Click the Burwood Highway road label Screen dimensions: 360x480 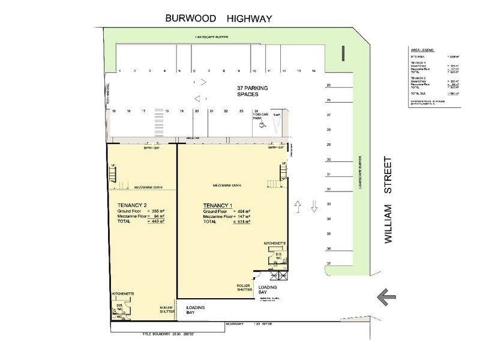point(219,19)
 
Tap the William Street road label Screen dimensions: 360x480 point(388,200)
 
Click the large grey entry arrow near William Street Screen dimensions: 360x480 point(384,295)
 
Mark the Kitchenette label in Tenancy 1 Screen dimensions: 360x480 point(275,243)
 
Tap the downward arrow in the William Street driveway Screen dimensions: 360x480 point(314,206)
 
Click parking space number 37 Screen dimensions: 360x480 point(328,263)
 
